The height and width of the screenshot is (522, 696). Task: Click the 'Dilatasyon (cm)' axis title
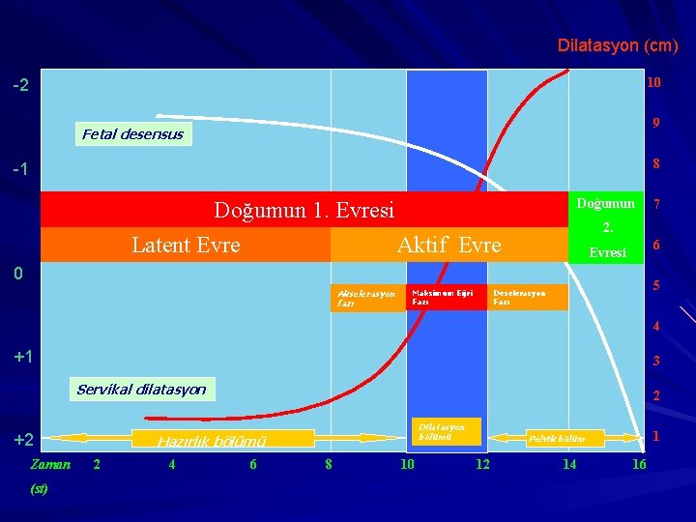pyautogui.click(x=617, y=45)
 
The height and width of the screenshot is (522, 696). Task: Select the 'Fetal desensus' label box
pyautogui.click(x=132, y=134)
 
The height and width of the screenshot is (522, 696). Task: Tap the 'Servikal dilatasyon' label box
pyautogui.click(x=141, y=390)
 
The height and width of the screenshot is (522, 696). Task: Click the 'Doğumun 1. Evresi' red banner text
pyautogui.click(x=304, y=210)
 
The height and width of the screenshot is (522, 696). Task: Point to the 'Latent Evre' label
pyautogui.click(x=186, y=246)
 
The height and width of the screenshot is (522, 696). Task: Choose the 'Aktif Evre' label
pyautogui.click(x=449, y=246)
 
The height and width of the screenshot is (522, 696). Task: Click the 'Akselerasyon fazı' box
pyautogui.click(x=368, y=298)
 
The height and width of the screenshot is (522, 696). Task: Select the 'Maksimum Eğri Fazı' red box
pyautogui.click(x=446, y=297)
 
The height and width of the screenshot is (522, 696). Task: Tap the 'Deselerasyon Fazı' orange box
pyautogui.click(x=528, y=297)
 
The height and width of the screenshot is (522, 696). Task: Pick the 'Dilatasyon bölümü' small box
pyautogui.click(x=445, y=431)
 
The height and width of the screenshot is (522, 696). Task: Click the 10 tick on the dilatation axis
pyautogui.click(x=654, y=83)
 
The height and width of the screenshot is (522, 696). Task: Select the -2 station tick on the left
pyautogui.click(x=21, y=85)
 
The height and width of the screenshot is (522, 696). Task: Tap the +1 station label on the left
pyautogui.click(x=23, y=357)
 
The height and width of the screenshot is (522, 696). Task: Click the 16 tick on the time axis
pyautogui.click(x=639, y=465)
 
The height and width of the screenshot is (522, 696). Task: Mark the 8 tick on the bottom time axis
pyautogui.click(x=329, y=465)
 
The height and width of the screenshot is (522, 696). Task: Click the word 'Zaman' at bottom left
pyautogui.click(x=50, y=464)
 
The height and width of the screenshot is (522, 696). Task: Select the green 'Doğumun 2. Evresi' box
pyautogui.click(x=606, y=227)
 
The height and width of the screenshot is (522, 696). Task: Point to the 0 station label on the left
pyautogui.click(x=17, y=275)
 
